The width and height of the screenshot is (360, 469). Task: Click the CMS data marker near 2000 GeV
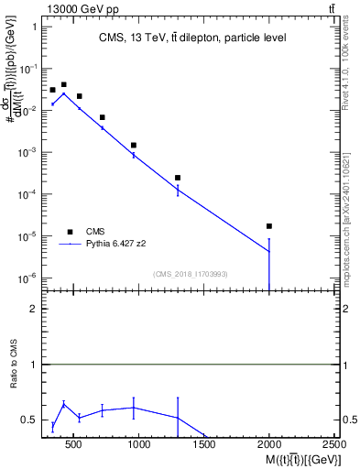[x=269, y=226]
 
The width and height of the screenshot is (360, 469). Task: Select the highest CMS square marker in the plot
[x=63, y=84]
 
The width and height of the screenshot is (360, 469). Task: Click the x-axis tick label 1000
[x=139, y=445]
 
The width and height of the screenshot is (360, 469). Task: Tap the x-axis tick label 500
[x=75, y=445]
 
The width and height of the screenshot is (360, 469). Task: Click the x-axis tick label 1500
[x=204, y=445]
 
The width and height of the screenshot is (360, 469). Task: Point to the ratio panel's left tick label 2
[x=32, y=310]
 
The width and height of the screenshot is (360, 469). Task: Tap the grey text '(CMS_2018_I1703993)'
[x=191, y=273]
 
